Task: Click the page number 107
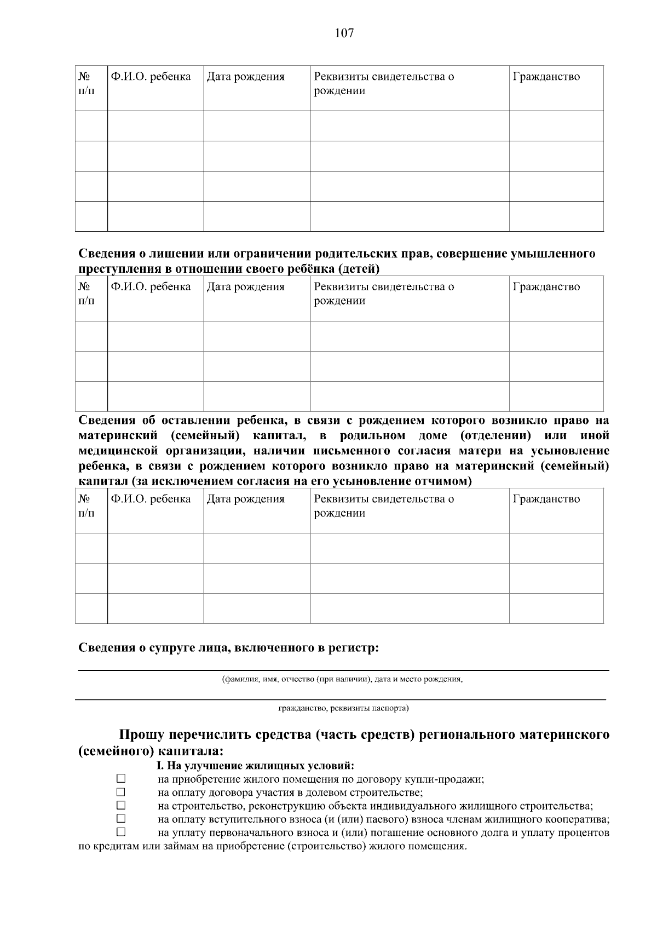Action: pos(344,33)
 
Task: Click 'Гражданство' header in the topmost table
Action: pos(546,77)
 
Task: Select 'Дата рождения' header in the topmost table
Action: pos(245,77)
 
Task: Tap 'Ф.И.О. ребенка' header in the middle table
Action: pos(151,286)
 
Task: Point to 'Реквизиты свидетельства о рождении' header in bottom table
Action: pos(383,506)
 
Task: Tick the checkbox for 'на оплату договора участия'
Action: pos(121,792)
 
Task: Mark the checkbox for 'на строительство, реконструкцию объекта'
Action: pos(121,805)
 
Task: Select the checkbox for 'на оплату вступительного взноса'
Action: pos(121,819)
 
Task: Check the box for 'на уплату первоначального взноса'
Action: pos(121,832)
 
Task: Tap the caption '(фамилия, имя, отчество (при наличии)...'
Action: pos(342,680)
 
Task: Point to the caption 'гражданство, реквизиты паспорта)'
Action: pos(343,708)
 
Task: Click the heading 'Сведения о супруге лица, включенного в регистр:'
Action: pos(229,648)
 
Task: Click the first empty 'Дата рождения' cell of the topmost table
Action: pos(257,126)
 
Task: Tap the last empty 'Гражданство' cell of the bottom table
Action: pos(556,608)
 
